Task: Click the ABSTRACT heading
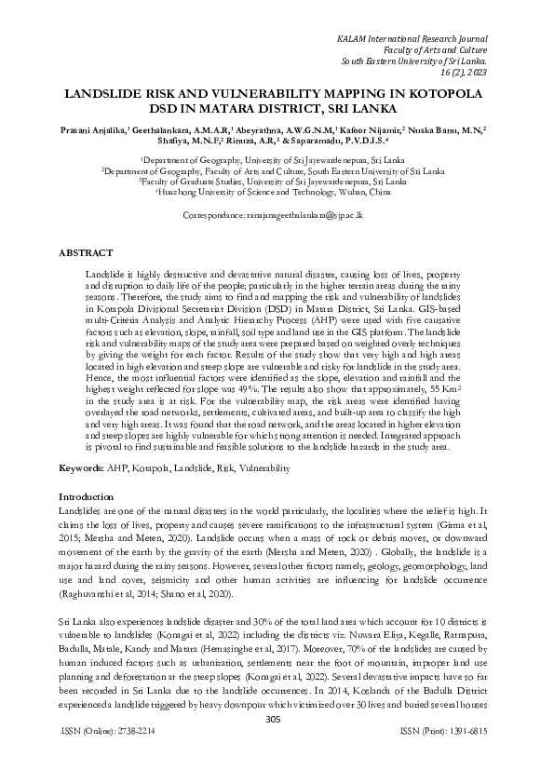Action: point(86,253)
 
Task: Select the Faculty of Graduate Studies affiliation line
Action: point(277,182)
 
